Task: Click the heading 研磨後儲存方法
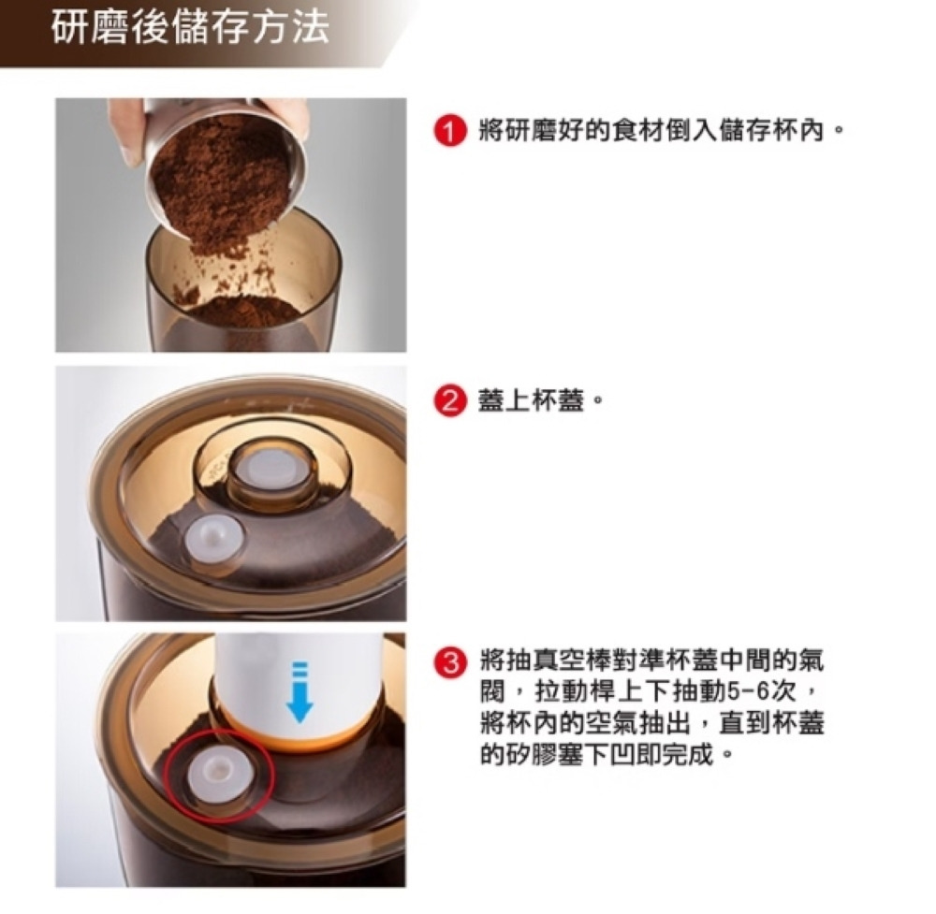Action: click(190, 28)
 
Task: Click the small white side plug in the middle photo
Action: click(213, 540)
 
